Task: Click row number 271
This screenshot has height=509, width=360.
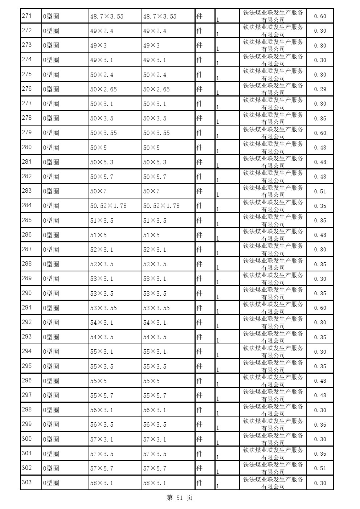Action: click(x=27, y=16)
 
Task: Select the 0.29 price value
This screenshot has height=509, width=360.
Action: click(x=320, y=89)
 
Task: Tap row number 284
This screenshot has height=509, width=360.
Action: click(x=27, y=205)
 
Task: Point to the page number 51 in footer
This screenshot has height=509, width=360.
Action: click(x=180, y=498)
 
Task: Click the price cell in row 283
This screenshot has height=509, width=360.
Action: click(x=320, y=191)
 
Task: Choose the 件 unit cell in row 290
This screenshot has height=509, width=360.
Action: click(x=199, y=293)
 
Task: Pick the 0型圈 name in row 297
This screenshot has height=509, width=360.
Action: click(x=51, y=395)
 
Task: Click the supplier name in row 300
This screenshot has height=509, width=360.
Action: click(x=273, y=439)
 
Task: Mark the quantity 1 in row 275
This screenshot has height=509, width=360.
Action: click(x=217, y=78)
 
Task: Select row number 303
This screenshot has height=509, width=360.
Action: click(x=27, y=483)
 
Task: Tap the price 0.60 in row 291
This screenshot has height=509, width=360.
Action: click(x=320, y=308)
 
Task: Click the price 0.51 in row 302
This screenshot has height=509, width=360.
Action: click(x=320, y=468)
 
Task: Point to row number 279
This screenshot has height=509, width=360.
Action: click(x=27, y=132)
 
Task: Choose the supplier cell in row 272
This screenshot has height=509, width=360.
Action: click(x=273, y=31)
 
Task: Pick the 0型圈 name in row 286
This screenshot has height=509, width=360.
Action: click(x=51, y=235)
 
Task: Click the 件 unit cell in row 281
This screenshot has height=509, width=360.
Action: click(x=199, y=162)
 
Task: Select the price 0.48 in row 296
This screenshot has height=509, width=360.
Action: click(x=320, y=381)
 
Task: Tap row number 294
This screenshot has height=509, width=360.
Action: click(x=27, y=351)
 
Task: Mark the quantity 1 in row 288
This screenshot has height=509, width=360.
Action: click(x=217, y=267)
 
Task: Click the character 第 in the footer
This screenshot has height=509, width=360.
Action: click(x=170, y=498)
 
